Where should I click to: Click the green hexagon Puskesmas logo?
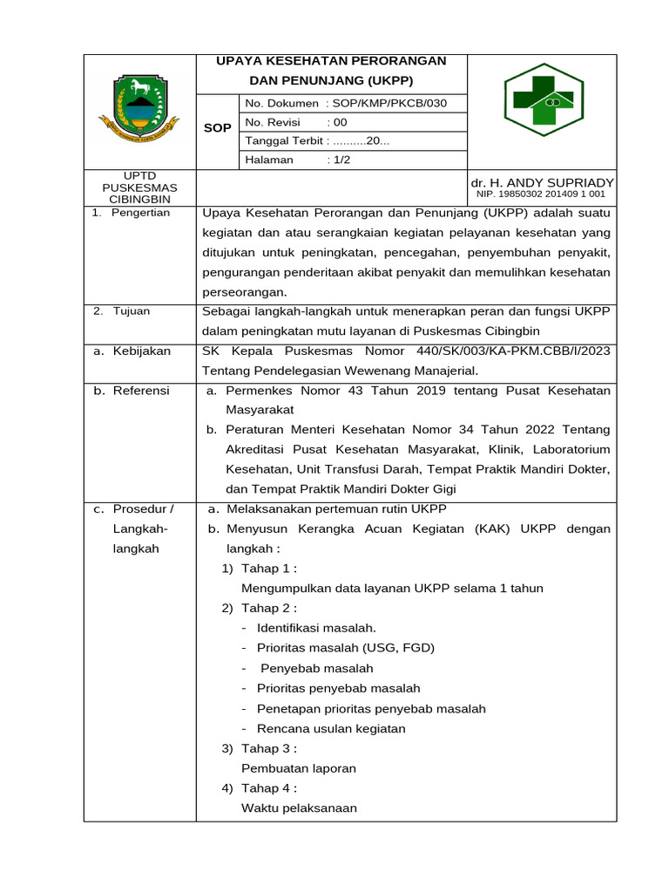point(544,100)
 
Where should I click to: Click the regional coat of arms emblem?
point(139,109)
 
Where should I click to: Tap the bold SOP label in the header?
point(217,128)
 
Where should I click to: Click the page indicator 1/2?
point(341,160)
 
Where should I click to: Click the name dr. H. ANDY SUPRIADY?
point(542,182)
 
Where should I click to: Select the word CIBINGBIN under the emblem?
point(139,200)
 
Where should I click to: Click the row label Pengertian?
point(140,213)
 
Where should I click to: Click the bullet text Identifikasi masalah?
point(316,628)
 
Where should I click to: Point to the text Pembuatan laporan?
point(299,768)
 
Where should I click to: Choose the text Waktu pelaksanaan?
point(299,808)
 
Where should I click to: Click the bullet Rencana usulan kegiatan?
point(331,728)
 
